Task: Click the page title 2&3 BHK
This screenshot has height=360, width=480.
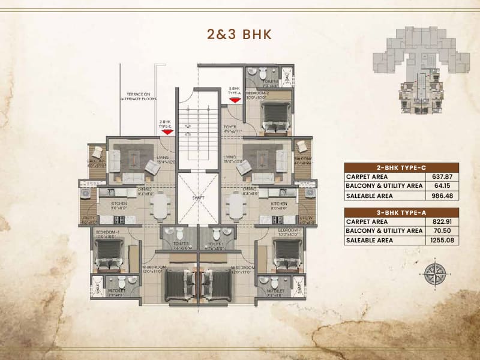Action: [x=239, y=34]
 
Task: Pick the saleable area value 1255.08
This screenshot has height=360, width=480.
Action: [x=443, y=240]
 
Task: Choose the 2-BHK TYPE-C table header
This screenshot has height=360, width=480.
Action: [x=401, y=167]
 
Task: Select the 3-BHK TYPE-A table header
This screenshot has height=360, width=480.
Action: [x=401, y=212]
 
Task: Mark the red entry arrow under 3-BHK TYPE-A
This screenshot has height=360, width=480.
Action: [x=235, y=101]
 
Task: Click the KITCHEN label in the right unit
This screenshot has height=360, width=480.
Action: [x=278, y=204]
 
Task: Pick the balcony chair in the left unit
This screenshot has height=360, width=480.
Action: [x=95, y=148]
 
